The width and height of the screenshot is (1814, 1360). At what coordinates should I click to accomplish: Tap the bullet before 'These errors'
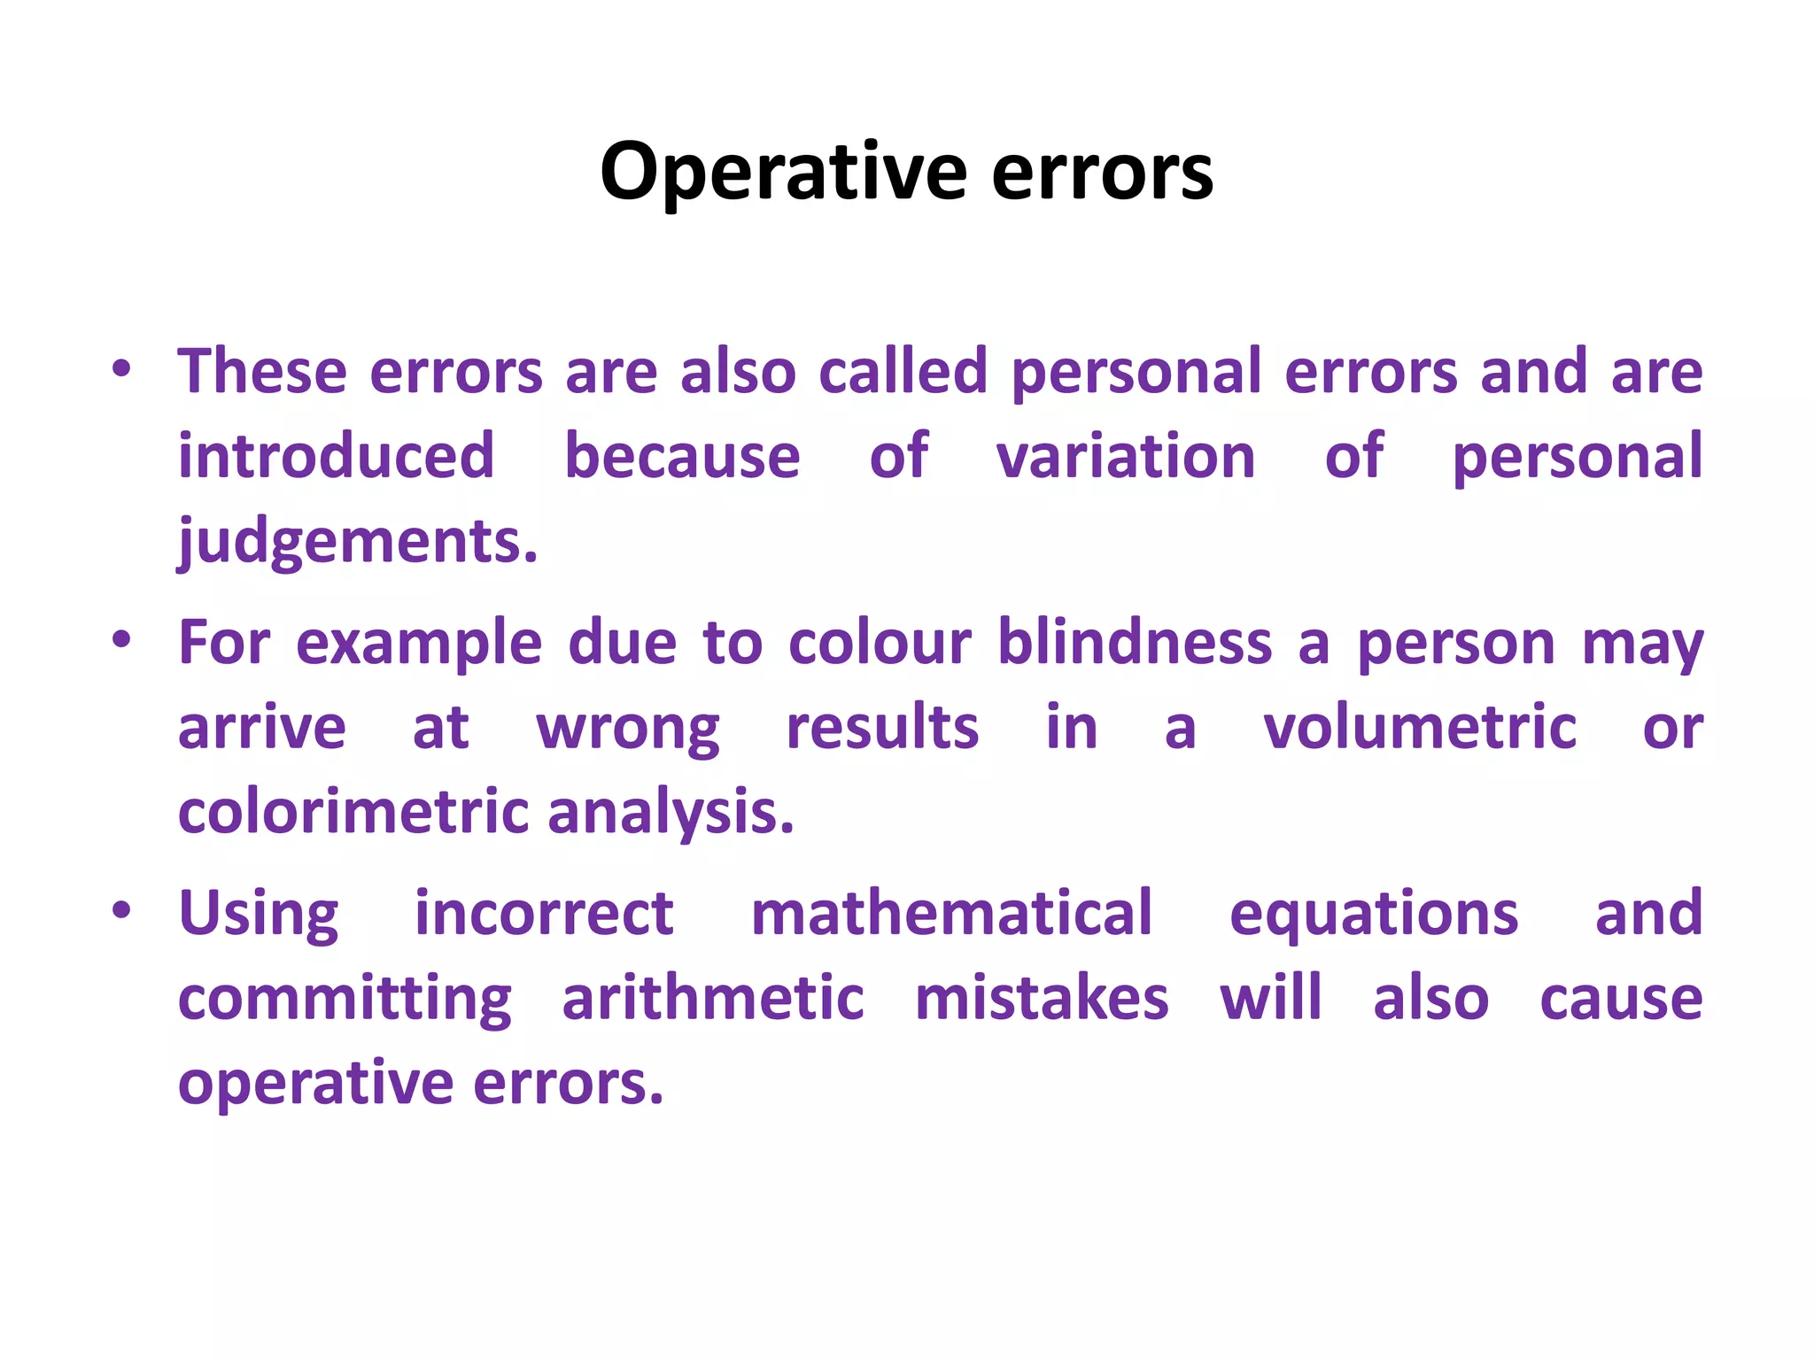click(x=122, y=369)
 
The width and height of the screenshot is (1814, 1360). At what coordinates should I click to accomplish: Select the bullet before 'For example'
click(x=122, y=640)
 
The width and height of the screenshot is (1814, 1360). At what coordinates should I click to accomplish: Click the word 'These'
click(x=262, y=371)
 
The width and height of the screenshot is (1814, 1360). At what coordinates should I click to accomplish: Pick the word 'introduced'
click(x=336, y=456)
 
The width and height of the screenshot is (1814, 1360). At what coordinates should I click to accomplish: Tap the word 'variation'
click(x=1126, y=456)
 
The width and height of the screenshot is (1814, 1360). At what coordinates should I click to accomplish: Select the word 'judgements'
click(x=357, y=542)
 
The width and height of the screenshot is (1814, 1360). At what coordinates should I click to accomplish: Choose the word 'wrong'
click(x=628, y=728)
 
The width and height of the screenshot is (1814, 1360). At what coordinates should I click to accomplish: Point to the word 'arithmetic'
click(x=713, y=998)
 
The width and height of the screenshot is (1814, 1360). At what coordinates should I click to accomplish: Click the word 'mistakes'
click(x=1042, y=998)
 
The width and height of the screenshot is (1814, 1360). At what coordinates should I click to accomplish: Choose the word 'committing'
click(x=345, y=999)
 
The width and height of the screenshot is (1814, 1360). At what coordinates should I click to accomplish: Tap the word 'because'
click(x=682, y=456)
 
